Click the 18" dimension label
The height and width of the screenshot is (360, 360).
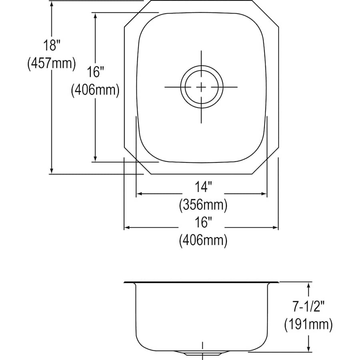click(x=52, y=45)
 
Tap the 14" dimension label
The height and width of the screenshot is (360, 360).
click(x=203, y=186)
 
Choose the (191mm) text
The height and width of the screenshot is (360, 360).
click(x=308, y=325)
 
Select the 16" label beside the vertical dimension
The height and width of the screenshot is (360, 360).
click(x=95, y=72)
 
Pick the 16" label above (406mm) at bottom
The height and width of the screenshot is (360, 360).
click(x=203, y=221)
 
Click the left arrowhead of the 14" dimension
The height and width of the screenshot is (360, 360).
click(x=139, y=194)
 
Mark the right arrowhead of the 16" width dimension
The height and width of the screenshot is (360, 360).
click(x=276, y=228)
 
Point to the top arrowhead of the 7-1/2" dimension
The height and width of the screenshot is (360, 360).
click(x=308, y=284)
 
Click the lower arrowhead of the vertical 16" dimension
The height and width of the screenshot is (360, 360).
click(x=95, y=159)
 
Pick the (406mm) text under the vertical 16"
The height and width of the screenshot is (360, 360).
click(x=95, y=90)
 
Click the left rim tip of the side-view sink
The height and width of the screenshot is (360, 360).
click(x=125, y=282)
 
